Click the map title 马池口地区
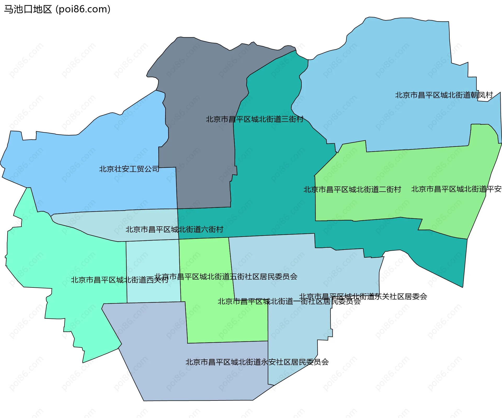point(28,9)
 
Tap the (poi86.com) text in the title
point(83,9)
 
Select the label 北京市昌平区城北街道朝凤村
point(444,95)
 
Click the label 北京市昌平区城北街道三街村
point(255,119)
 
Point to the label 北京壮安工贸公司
point(129,169)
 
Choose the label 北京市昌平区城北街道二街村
point(352,189)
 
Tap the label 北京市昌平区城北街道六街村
point(174,229)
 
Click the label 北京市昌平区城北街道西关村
point(120,280)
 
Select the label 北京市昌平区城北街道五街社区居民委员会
point(226,276)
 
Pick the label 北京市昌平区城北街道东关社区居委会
point(363,296)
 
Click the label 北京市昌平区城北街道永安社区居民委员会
point(257,362)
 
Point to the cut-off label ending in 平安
point(456,189)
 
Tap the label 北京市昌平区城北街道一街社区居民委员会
point(289,301)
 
